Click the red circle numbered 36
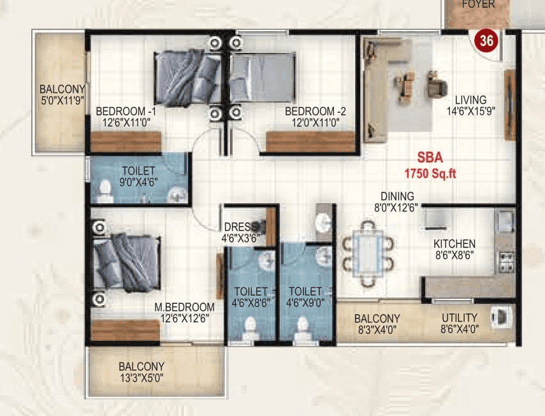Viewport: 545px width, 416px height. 486,41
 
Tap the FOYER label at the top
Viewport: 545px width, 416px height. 478,4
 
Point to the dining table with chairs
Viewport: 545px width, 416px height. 367,252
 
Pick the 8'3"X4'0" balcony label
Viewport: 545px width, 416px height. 377,324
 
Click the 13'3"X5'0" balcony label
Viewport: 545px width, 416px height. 142,372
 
